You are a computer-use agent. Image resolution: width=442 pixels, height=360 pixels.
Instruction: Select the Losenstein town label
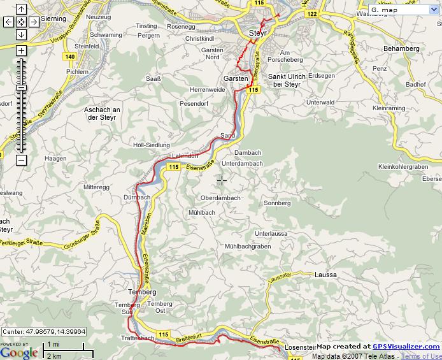pos(300,347)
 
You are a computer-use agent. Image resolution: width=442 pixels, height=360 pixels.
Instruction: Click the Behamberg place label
pos(401,48)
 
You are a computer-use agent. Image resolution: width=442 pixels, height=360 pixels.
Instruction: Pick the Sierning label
pos(53,19)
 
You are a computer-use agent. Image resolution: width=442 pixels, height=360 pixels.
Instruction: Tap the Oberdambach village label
pos(220,198)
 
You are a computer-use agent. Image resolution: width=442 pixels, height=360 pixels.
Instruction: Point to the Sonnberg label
pos(277,203)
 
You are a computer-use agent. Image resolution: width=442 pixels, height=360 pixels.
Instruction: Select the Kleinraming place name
pos(389,108)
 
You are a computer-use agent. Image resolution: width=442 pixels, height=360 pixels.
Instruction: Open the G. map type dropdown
pos(403,10)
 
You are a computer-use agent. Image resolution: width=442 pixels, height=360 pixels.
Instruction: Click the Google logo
pos(19,352)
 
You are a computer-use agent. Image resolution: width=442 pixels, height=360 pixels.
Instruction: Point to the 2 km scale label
pos(54,355)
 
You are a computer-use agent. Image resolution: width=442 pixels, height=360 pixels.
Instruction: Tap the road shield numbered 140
pos(70,57)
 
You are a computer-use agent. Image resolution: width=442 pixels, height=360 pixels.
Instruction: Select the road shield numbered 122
pos(311,13)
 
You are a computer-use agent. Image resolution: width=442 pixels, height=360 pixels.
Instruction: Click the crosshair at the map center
pos(221,180)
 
